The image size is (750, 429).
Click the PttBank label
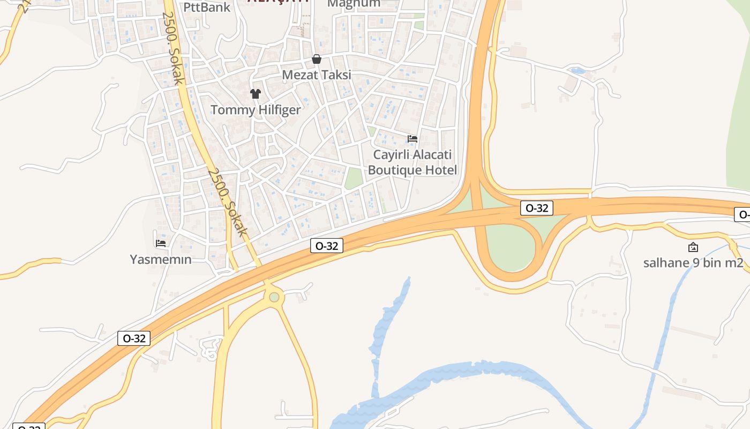[207, 7]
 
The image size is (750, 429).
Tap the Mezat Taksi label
[317, 75]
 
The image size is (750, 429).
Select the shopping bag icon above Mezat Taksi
[317, 59]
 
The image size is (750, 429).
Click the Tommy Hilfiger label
[256, 110]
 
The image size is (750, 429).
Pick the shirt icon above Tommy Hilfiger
[255, 94]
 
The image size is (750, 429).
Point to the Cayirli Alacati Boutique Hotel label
[412, 162]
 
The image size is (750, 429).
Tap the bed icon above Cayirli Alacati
[412, 139]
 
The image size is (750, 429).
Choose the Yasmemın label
[160, 260]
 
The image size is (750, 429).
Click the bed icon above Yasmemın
[160, 243]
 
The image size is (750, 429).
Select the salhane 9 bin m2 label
[693, 263]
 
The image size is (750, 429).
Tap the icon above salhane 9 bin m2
[693, 247]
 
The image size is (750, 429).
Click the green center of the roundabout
[274, 297]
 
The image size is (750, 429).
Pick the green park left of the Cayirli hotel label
[354, 178]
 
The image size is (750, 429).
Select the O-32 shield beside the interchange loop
[536, 208]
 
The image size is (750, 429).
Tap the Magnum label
[354, 4]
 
